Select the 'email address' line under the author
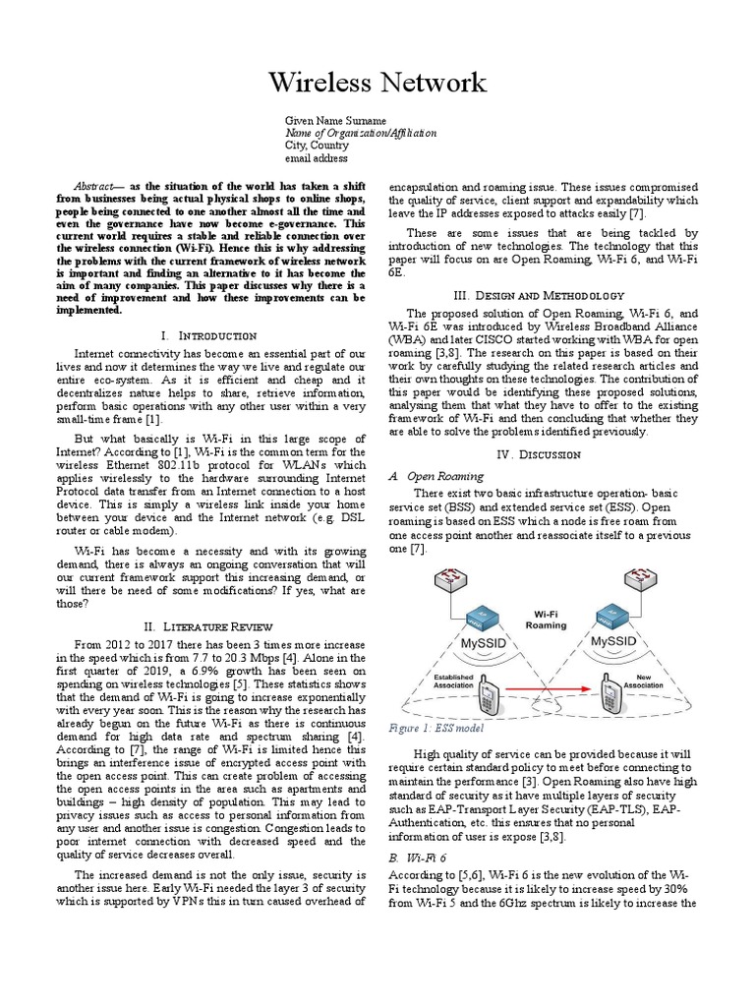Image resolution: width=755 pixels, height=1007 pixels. (x=316, y=158)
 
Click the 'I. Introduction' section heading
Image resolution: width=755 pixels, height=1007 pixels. (x=206, y=335)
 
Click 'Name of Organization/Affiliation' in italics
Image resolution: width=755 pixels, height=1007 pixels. (x=361, y=133)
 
